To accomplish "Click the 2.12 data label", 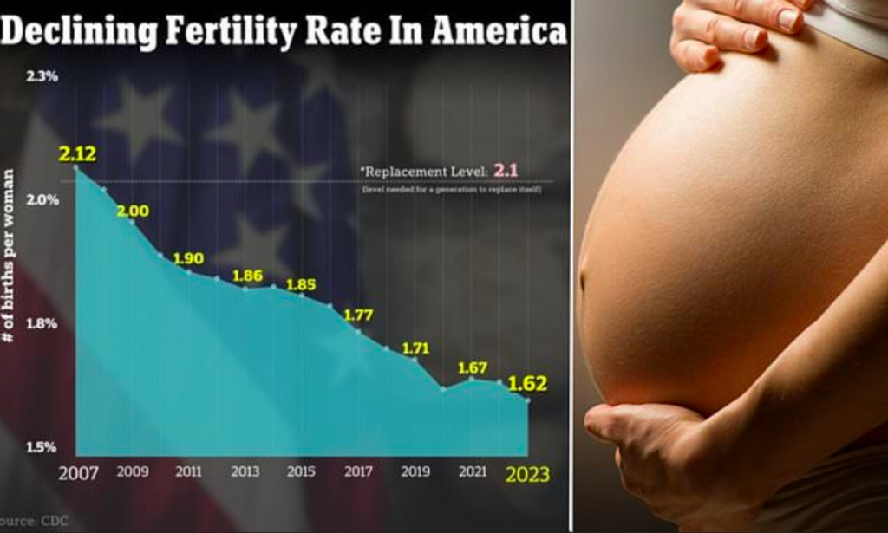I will point(77,155).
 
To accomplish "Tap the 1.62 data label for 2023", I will point(527,384).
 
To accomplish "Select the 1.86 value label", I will point(247,276).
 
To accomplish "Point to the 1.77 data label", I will point(358,315).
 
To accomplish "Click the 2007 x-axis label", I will point(78,474).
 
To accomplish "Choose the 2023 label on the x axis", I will point(527,475).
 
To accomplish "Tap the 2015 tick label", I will point(301,472).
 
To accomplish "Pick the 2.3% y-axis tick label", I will point(42,76).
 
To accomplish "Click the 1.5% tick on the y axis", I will point(41,447).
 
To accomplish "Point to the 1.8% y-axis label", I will point(41,323).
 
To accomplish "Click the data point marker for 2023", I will point(527,400).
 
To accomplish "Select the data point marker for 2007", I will point(76,167).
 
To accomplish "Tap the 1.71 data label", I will point(415,348).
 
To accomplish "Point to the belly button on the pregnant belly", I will point(581,283).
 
